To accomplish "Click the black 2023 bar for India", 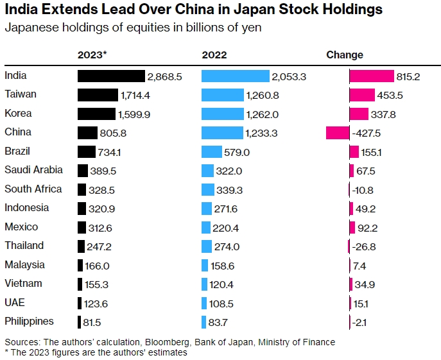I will point(112,76).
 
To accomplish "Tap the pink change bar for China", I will point(338,133).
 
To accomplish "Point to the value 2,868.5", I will point(165,76).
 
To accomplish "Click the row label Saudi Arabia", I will point(33,170).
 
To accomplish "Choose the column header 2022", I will point(214,55).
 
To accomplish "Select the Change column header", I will point(345,55).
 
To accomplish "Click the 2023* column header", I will point(92,55).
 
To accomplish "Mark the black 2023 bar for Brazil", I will point(87,152).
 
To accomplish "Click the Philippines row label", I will point(29,321).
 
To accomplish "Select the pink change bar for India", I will point(372,76).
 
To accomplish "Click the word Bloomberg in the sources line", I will point(190,341).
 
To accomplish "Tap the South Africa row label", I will point(33,189).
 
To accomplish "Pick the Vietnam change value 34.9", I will point(365,284).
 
